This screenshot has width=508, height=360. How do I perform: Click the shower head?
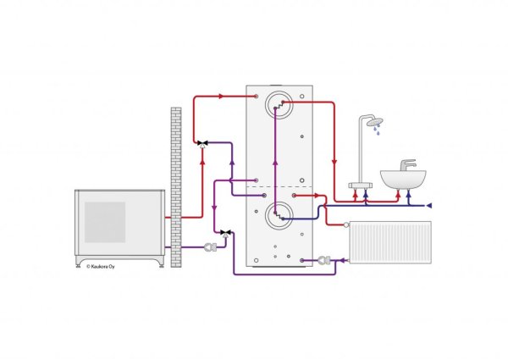pyautogui.click(x=375, y=122)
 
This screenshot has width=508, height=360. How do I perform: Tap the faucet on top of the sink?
pyautogui.click(x=408, y=165)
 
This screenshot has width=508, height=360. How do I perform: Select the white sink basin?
pyautogui.click(x=403, y=180)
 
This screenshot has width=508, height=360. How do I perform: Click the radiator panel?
pyautogui.click(x=390, y=242)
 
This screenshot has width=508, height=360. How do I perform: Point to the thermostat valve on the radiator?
pyautogui.click(x=346, y=224)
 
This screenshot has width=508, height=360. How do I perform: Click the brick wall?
pyautogui.click(x=176, y=187)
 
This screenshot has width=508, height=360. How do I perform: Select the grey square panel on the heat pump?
pyautogui.click(x=105, y=222)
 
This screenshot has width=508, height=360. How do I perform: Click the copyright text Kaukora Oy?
pyautogui.click(x=101, y=267)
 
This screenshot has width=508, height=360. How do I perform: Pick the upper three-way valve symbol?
pyautogui.click(x=203, y=143)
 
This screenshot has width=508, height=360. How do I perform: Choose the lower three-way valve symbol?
pyautogui.click(x=225, y=233)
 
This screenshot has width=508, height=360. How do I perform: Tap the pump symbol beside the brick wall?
pyautogui.click(x=210, y=247)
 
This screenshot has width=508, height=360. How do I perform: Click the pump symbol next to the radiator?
pyautogui.click(x=324, y=260)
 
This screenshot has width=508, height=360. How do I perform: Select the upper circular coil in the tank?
pyautogui.click(x=279, y=105)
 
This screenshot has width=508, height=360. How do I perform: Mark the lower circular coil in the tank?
pyautogui.click(x=279, y=215)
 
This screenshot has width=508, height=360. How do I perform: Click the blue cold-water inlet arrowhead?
pyautogui.click(x=428, y=206)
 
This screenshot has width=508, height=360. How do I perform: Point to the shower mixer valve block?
pyautogui.click(x=361, y=186)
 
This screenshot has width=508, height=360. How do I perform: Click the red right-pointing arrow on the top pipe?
pyautogui.click(x=221, y=97)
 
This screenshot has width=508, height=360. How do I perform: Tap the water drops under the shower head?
pyautogui.click(x=377, y=130)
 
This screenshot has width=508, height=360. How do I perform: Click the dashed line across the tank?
pyautogui.click(x=279, y=187)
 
